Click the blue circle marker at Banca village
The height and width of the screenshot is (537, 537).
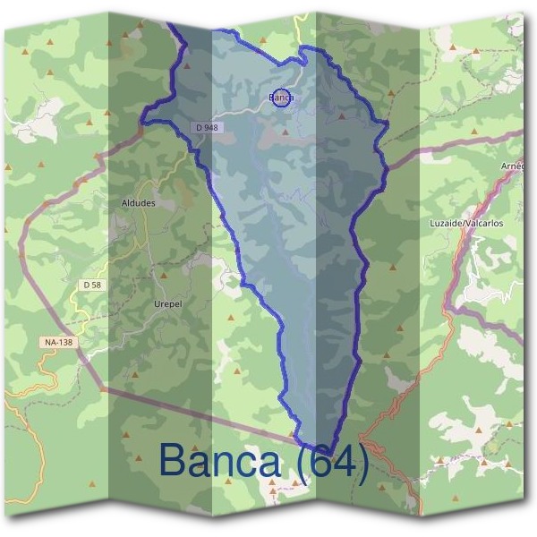[x=280, y=98]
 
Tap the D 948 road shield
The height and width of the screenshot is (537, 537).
[x=205, y=128]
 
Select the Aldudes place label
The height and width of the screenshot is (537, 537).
[x=138, y=203]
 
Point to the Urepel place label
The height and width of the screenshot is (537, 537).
[x=167, y=303]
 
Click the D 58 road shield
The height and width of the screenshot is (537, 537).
[x=90, y=285]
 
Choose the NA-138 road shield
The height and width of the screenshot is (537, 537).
[x=56, y=342]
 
